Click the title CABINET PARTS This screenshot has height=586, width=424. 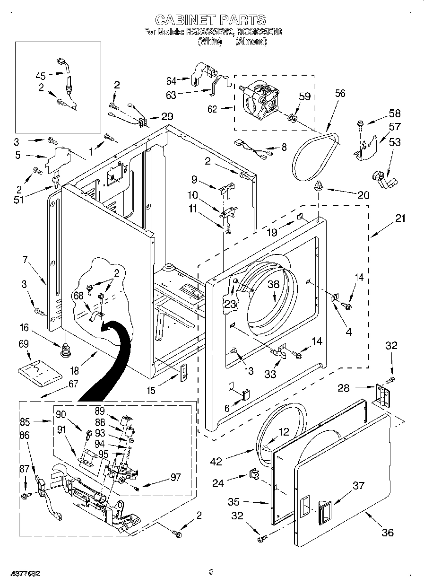pyautogui.click(x=210, y=20)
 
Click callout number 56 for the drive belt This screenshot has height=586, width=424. pyautogui.click(x=340, y=93)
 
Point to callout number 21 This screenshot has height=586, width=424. pyautogui.click(x=400, y=219)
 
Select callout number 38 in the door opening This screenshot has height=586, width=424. pyautogui.click(x=274, y=284)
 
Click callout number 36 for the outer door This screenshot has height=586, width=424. pyautogui.click(x=387, y=533)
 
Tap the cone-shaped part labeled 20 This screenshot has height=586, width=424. pyautogui.click(x=320, y=186)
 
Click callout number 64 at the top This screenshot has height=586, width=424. pyautogui.click(x=171, y=80)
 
